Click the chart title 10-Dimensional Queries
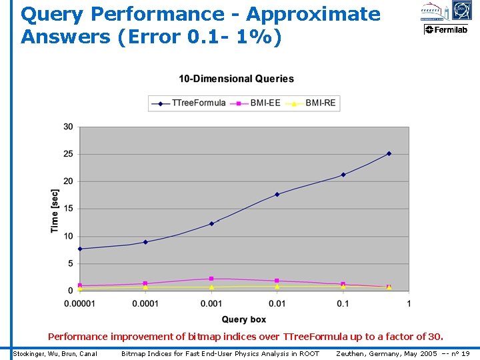coord(236,79)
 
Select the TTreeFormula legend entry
coord(199,103)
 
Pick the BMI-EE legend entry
coord(265,103)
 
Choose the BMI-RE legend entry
coord(320,103)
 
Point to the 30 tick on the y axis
coord(69,127)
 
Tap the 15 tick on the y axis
coord(69,209)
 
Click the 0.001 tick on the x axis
coord(211,304)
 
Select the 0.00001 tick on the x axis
coord(80,304)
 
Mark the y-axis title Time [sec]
coord(55,210)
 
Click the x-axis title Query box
coord(244,319)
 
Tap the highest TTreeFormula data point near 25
coord(389,153)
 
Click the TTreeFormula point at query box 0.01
coord(277,194)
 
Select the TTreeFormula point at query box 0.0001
coord(145,242)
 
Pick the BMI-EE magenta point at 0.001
coord(211,279)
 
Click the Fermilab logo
coord(446,29)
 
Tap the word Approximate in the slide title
coord(311,14)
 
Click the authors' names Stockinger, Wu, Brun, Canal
coord(55,353)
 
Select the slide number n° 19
coord(461,353)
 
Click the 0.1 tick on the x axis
coord(343,304)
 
